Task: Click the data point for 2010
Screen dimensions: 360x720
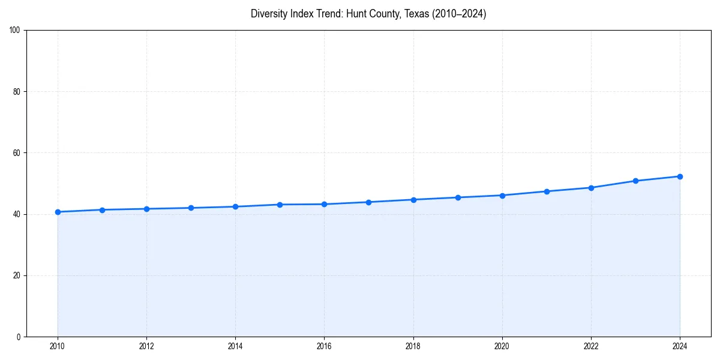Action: click(x=58, y=212)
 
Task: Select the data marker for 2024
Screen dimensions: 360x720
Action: click(x=680, y=176)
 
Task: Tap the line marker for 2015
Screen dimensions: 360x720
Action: click(x=280, y=205)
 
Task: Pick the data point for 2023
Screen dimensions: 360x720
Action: click(x=635, y=181)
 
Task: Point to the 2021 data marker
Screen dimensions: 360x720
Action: click(x=547, y=191)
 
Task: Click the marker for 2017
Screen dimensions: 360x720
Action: click(x=368, y=202)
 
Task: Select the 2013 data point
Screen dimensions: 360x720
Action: click(x=191, y=208)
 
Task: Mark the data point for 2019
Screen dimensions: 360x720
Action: click(x=458, y=197)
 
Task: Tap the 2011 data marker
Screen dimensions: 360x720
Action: click(x=102, y=210)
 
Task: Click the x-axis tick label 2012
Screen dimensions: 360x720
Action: click(x=146, y=346)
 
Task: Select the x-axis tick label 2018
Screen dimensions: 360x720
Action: click(x=413, y=346)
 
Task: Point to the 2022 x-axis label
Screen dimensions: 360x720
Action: click(x=591, y=346)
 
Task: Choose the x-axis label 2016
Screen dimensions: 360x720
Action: click(x=324, y=346)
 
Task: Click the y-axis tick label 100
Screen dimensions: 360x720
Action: click(x=15, y=31)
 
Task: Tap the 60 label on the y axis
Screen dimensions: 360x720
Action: click(x=17, y=153)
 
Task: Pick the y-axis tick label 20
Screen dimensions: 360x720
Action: click(x=17, y=275)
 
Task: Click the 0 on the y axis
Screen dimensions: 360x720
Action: click(x=19, y=337)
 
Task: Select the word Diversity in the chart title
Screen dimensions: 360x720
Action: click(x=269, y=14)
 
